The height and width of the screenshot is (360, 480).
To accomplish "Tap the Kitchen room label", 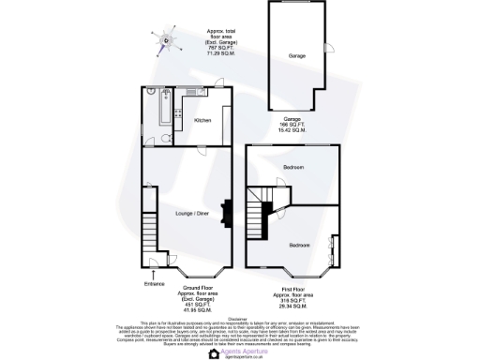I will [x=202, y=121].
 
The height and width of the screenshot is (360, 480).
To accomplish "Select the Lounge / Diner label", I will [x=191, y=215].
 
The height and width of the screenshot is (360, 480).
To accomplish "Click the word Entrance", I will [x=155, y=283].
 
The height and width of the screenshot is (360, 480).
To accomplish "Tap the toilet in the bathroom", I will [x=164, y=139].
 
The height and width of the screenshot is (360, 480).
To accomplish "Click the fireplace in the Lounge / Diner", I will [x=224, y=215].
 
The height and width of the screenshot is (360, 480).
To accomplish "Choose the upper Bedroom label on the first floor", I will [x=292, y=167].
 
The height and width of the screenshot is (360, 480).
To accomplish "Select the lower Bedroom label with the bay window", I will [x=299, y=245].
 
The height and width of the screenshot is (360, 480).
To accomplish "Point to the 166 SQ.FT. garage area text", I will [x=292, y=125].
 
